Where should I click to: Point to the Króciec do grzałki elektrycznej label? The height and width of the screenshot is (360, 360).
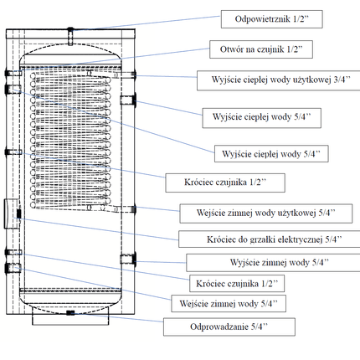point(267,239)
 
